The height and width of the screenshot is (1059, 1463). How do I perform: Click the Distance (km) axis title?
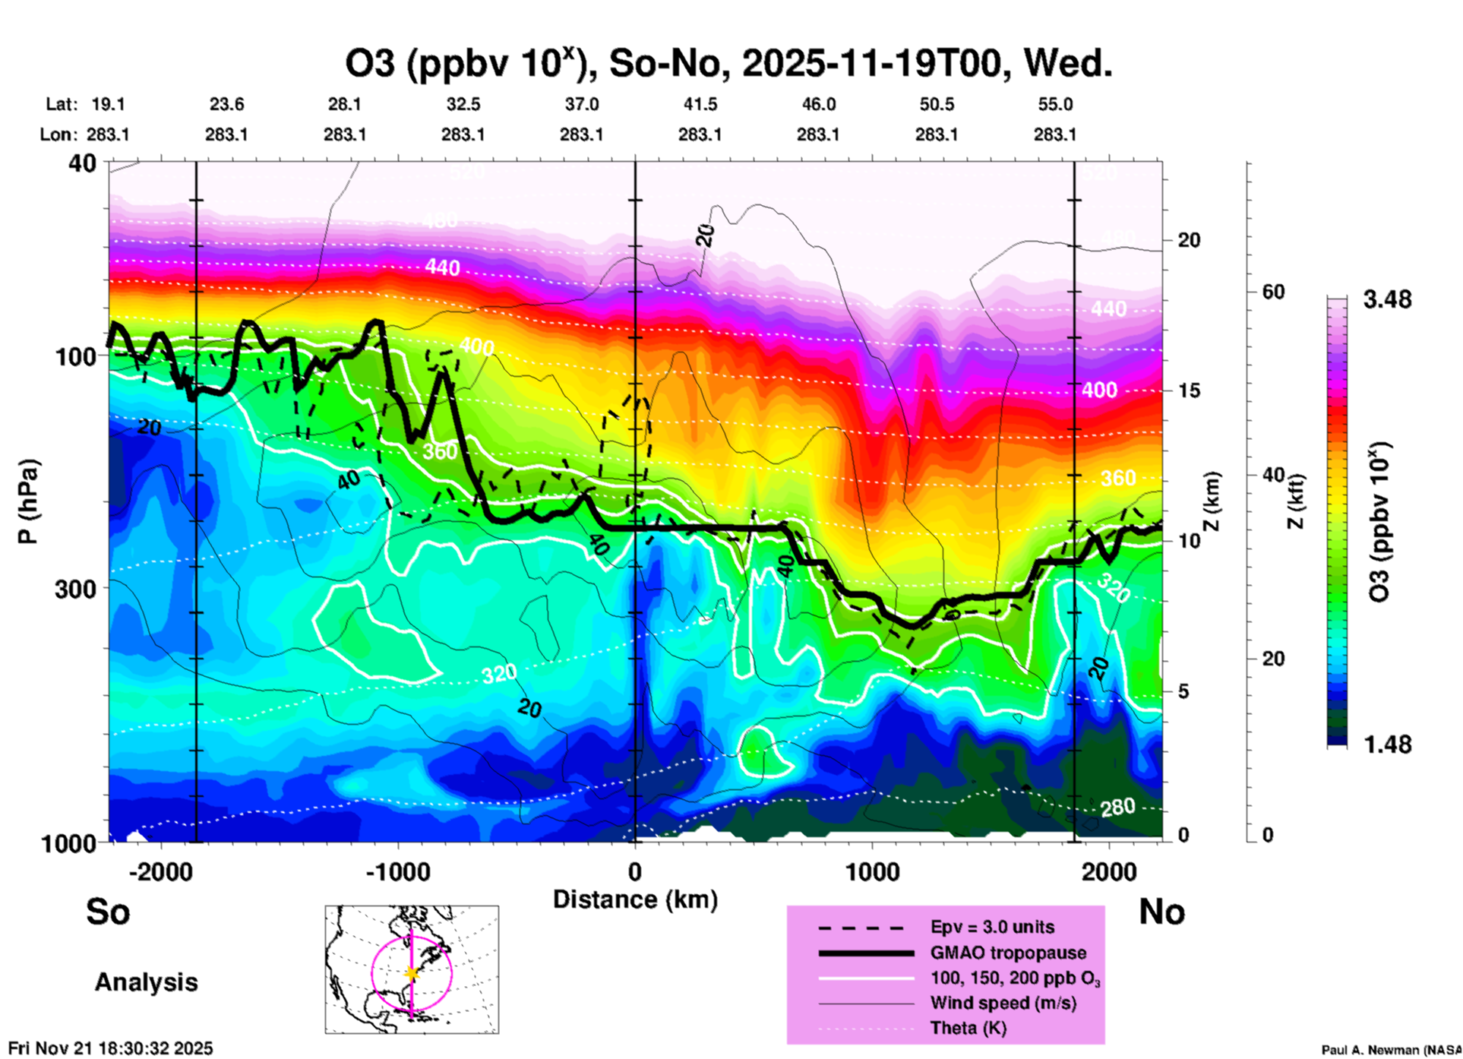pyautogui.click(x=635, y=899)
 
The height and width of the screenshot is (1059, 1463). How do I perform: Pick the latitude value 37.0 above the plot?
pyautogui.click(x=581, y=104)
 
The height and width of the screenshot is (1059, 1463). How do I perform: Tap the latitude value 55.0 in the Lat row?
pyautogui.click(x=1055, y=104)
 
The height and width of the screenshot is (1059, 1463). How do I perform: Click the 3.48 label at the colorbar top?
pyautogui.click(x=1387, y=299)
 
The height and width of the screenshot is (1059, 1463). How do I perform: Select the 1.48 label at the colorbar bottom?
pyautogui.click(x=1387, y=744)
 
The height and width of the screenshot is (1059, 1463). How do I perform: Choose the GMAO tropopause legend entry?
pyautogui.click(x=1008, y=953)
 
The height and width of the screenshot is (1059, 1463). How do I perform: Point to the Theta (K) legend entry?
pyautogui.click(x=968, y=1028)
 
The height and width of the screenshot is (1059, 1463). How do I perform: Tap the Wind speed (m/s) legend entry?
pyautogui.click(x=1003, y=1003)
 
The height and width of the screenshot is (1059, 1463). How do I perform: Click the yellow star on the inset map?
pyautogui.click(x=412, y=973)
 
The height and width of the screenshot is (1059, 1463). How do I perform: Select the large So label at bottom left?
pyautogui.click(x=108, y=912)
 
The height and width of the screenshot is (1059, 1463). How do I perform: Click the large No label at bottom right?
pyautogui.click(x=1161, y=912)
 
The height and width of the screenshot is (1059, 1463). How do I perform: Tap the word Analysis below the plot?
pyautogui.click(x=146, y=982)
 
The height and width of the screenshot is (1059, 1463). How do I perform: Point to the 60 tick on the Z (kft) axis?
pyautogui.click(x=1273, y=292)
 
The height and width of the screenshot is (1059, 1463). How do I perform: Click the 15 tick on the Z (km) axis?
pyautogui.click(x=1189, y=390)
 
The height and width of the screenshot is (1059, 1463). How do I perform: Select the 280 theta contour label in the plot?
pyautogui.click(x=1117, y=807)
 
